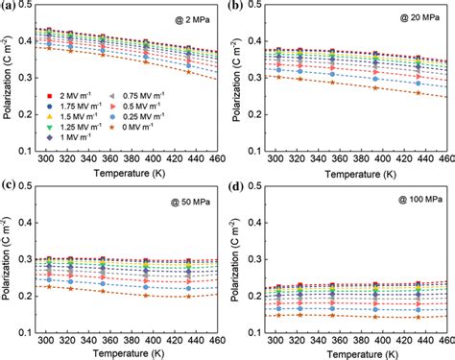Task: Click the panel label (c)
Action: [11, 187]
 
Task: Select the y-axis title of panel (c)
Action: [9, 266]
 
